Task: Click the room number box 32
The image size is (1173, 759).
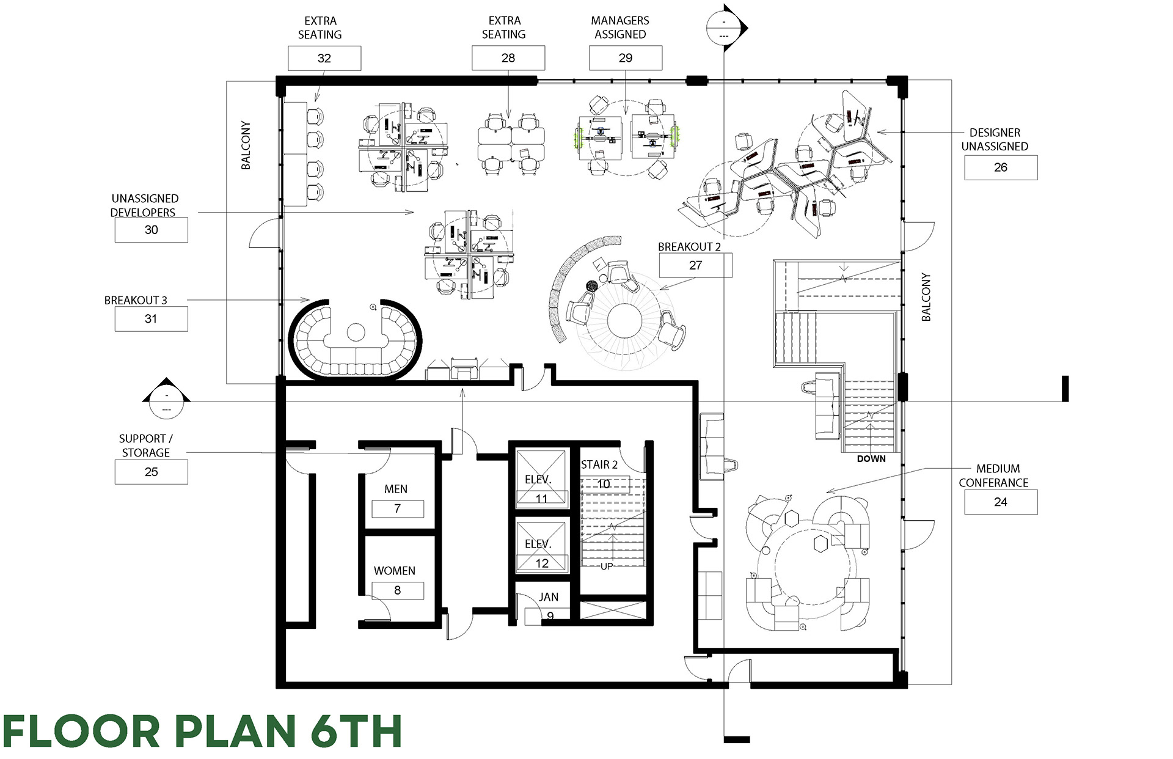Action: click(324, 58)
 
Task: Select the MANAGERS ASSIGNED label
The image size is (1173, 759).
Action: click(620, 28)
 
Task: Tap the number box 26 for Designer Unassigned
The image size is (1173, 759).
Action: click(1001, 167)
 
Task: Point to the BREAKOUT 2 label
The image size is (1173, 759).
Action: click(689, 247)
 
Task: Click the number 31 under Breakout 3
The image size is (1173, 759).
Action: click(151, 319)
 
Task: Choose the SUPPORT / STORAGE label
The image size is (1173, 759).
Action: click(145, 446)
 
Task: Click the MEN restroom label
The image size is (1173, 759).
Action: click(396, 489)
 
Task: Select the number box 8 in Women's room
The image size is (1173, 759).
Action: click(398, 590)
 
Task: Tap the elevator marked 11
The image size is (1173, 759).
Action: click(541, 477)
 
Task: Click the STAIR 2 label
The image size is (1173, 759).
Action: click(599, 464)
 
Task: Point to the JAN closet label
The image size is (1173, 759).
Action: click(549, 597)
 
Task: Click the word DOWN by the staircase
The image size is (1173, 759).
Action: click(871, 458)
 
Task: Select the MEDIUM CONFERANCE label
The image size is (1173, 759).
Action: click(994, 475)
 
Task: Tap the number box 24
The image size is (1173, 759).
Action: click(1001, 502)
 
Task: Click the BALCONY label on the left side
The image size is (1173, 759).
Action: click(246, 145)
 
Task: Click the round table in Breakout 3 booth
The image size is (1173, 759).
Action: click(356, 332)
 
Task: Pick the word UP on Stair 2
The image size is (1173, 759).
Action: click(607, 566)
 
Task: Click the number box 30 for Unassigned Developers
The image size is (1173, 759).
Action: click(151, 230)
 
